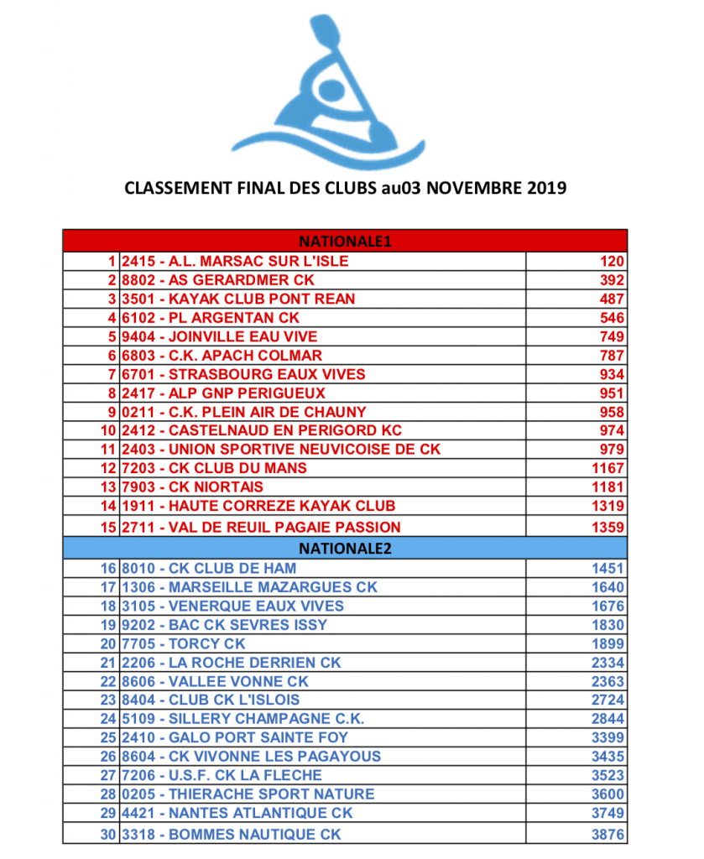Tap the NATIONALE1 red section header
345,242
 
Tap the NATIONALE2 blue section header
345,549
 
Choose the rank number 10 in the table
108,430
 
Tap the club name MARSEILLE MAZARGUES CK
273,587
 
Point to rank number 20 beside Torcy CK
108,643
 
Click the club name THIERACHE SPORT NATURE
271,794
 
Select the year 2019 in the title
546,187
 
